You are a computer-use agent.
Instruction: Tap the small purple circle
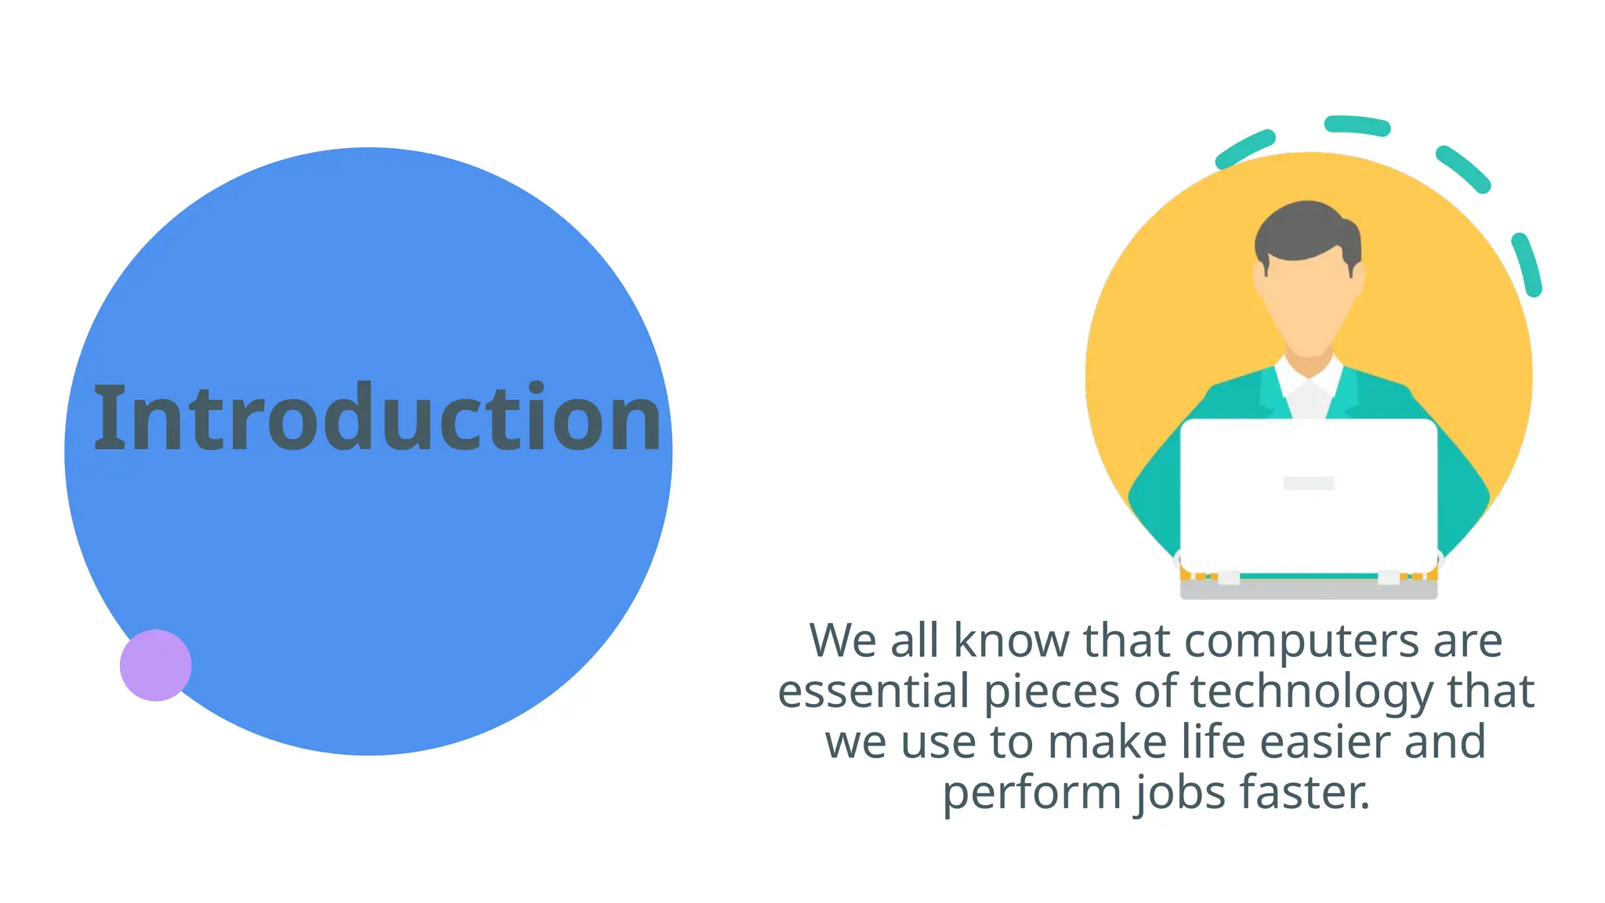tap(155, 665)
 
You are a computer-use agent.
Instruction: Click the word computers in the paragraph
tap(1301, 641)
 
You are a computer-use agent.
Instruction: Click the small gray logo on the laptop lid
tap(1308, 483)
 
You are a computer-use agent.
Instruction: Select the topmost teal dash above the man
tap(1357, 125)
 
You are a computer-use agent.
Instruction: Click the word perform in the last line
tap(1032, 793)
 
